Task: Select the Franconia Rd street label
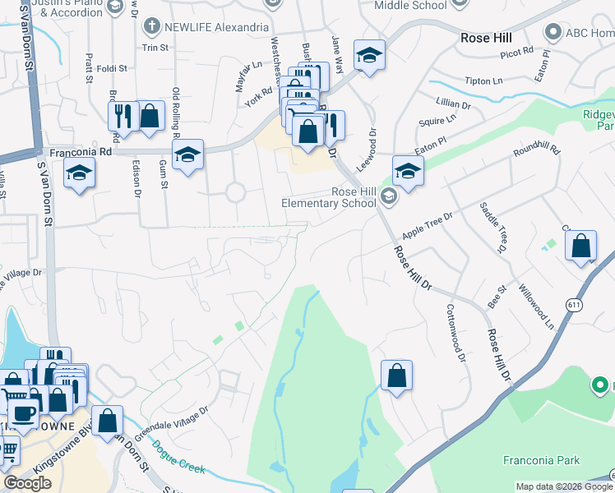(x=81, y=152)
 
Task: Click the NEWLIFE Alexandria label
(x=210, y=26)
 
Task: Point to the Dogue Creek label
(x=178, y=458)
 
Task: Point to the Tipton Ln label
(x=483, y=81)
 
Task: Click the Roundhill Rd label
(x=536, y=151)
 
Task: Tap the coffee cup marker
(x=24, y=412)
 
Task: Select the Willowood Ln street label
(x=538, y=306)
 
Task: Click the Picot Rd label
(x=516, y=51)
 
